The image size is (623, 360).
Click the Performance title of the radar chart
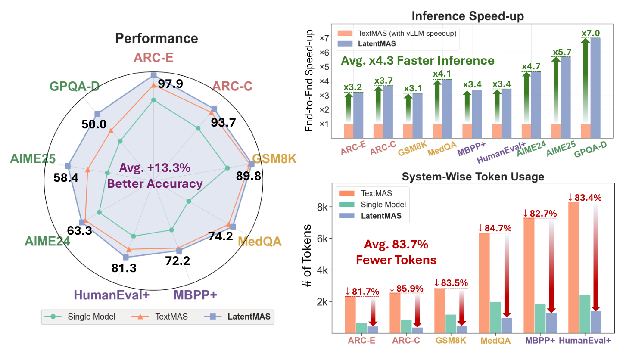(156, 38)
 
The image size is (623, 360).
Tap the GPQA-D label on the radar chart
(74, 86)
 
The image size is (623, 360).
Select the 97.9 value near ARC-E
(170, 84)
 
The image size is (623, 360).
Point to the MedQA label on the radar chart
(260, 241)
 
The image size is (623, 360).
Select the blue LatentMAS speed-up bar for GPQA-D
(595, 88)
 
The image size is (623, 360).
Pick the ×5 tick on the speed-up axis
(324, 67)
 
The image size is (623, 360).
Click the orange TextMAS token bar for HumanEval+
(573, 267)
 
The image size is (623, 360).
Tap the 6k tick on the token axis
(324, 239)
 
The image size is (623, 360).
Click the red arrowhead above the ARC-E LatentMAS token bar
(373, 322)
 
